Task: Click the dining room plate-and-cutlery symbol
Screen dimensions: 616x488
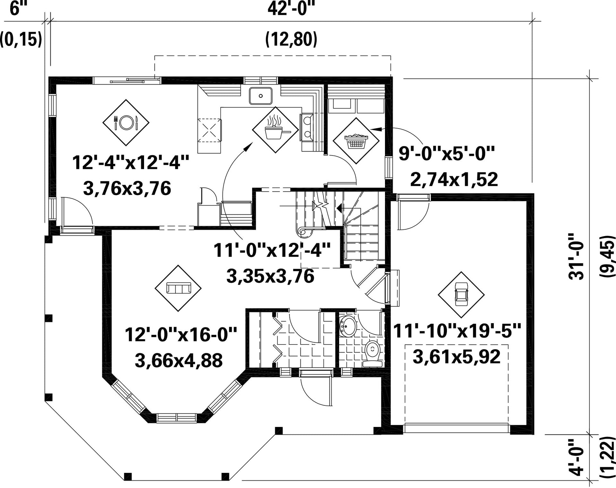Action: (x=126, y=122)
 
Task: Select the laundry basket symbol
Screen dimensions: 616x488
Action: (x=356, y=141)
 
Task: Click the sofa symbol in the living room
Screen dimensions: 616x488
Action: (x=178, y=288)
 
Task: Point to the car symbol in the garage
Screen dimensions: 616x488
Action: (x=461, y=295)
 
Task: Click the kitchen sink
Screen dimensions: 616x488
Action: (x=260, y=96)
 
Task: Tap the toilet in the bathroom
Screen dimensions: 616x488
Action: (x=372, y=353)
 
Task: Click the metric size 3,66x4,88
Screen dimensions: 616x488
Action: (x=179, y=361)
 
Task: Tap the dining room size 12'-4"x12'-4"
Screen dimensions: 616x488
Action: (x=130, y=162)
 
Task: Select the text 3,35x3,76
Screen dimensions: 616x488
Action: (x=270, y=276)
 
